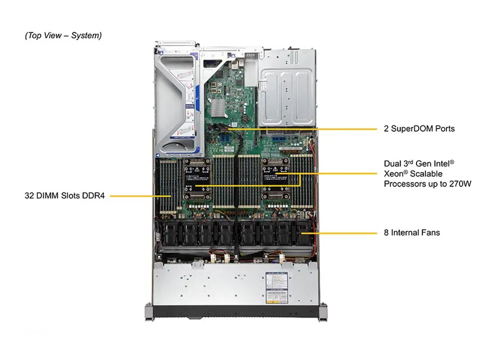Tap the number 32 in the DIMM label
[29, 196]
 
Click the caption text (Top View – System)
[63, 35]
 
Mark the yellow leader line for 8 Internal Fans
[345, 232]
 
